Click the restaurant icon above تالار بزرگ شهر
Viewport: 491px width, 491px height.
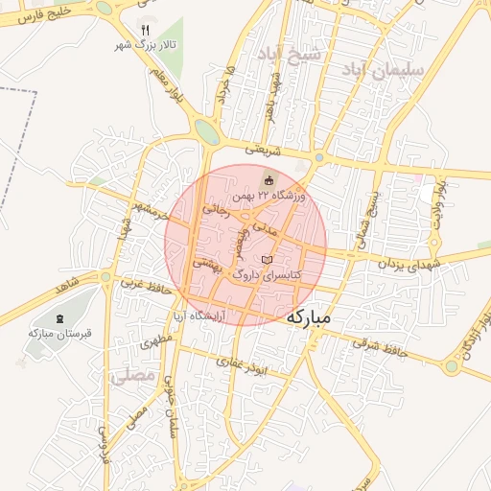(x=146, y=30)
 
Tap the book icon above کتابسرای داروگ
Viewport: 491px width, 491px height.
(x=267, y=260)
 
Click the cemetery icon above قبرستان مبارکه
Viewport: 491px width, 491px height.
(x=59, y=318)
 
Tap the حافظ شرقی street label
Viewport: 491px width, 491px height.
(x=380, y=346)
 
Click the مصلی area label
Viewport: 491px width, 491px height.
(x=132, y=376)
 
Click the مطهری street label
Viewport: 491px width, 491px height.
(x=159, y=341)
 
